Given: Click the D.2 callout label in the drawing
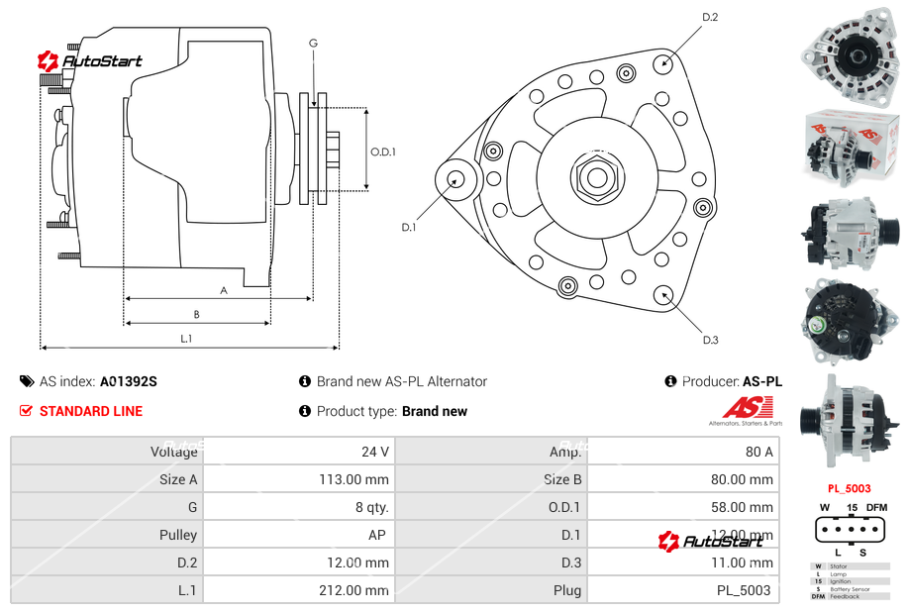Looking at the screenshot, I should click(x=710, y=18).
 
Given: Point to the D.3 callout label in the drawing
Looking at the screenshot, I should click(x=710, y=341).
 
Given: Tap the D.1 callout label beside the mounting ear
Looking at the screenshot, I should click(x=408, y=228).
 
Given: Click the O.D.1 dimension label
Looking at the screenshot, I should click(x=383, y=153).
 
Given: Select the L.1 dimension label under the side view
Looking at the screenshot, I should click(x=186, y=339).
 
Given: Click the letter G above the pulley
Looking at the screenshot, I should click(x=313, y=43).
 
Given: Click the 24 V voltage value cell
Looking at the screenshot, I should click(x=375, y=452).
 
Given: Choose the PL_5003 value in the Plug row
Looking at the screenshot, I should click(x=744, y=590).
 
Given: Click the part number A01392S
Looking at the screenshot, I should click(x=129, y=381).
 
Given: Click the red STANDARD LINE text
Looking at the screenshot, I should click(x=91, y=411).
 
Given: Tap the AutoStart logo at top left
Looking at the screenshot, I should click(x=90, y=61).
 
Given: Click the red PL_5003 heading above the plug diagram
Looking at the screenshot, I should click(x=850, y=488).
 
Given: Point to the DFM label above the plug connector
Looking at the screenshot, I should click(x=877, y=508).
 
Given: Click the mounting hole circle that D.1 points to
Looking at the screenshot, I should click(x=456, y=179).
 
